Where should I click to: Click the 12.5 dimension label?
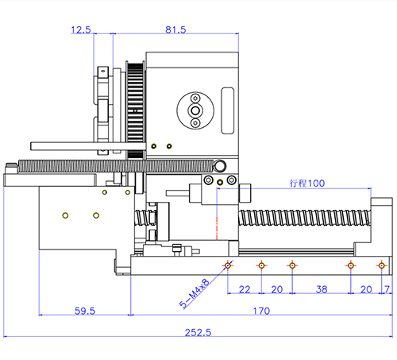point(81,29)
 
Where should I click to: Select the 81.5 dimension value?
point(175,29)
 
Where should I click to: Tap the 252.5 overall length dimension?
point(198,332)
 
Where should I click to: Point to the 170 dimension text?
point(261,311)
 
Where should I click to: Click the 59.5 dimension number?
point(85,311)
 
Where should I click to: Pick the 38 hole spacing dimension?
point(322,289)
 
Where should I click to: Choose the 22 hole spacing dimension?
point(245,289)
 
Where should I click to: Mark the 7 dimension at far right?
point(387,289)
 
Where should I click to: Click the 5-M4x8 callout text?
point(195,293)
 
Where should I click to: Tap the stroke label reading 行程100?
point(307,184)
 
